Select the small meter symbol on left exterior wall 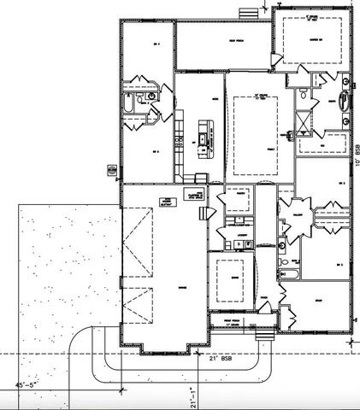[x=109, y=169]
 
